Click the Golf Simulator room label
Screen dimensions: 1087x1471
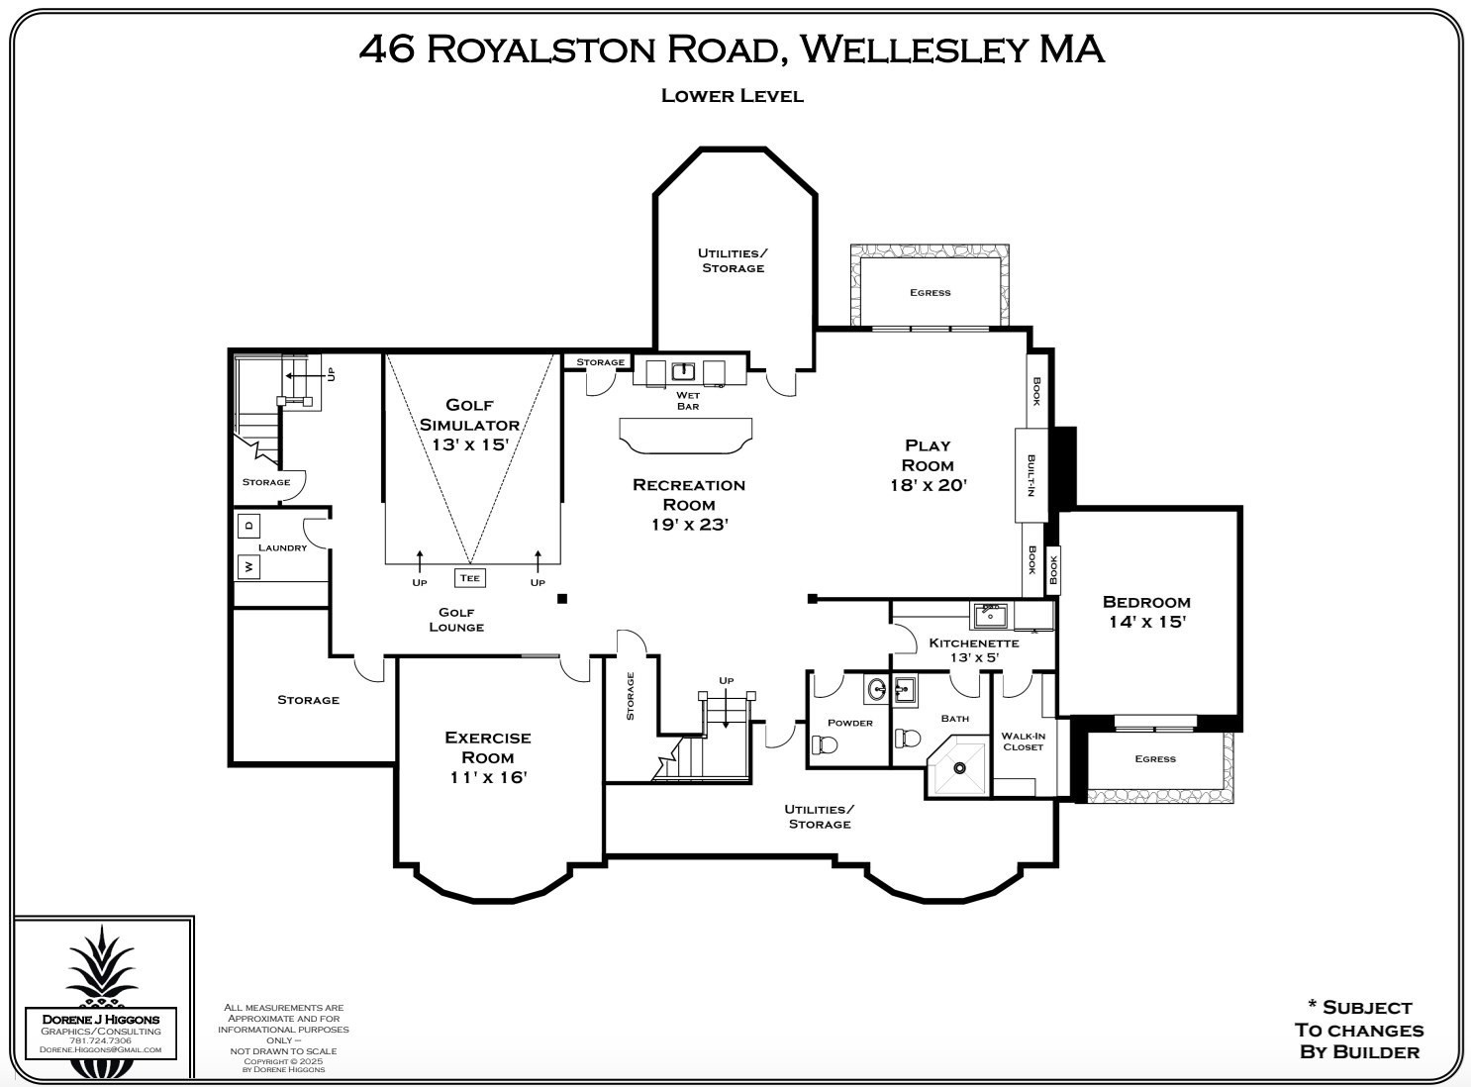[x=469, y=424]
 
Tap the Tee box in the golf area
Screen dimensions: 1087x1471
[x=469, y=578]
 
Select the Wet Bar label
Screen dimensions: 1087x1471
[x=688, y=401]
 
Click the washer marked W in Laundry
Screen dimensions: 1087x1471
[x=248, y=567]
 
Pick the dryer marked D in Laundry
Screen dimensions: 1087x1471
[x=248, y=525]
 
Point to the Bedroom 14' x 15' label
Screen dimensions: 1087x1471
[x=1146, y=612]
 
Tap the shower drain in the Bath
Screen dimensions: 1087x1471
[x=958, y=766]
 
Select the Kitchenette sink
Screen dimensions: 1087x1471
[x=989, y=615]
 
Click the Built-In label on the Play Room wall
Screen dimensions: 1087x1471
[x=1030, y=475]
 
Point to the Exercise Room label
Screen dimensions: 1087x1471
[x=487, y=757]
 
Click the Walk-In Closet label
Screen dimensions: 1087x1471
[x=1023, y=741]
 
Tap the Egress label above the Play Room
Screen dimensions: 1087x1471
[x=930, y=292]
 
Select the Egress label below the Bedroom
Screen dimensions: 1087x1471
[x=1155, y=759]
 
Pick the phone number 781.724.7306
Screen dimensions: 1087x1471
[x=101, y=1040]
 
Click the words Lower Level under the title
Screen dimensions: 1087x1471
[x=732, y=96]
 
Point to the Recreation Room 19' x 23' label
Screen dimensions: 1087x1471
[x=689, y=504]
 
